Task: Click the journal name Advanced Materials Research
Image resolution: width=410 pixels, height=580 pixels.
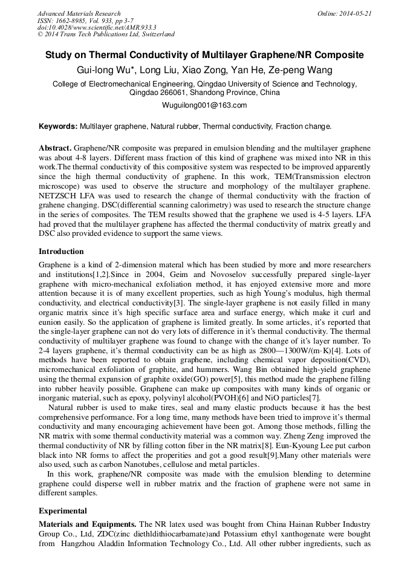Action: point(79,13)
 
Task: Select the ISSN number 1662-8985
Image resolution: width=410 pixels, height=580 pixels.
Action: point(73,21)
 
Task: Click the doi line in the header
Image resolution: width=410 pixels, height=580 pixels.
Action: point(97,28)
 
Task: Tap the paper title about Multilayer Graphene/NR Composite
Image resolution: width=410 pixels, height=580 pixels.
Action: point(205,56)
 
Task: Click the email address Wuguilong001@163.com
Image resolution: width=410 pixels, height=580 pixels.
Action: point(204,105)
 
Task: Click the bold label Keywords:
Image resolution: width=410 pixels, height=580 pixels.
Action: point(58,126)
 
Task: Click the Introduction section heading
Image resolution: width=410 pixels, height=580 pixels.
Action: point(61,251)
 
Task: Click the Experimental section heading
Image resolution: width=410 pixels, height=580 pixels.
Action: point(63,511)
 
